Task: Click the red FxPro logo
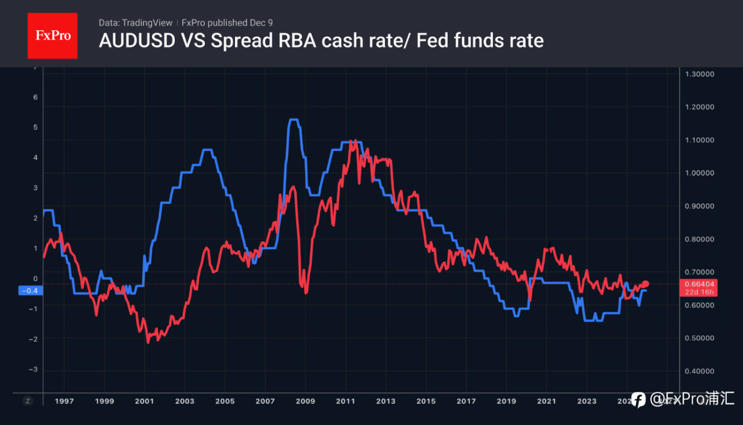(52, 35)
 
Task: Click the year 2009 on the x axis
(305, 401)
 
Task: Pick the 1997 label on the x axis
(64, 401)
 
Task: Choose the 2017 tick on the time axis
(466, 401)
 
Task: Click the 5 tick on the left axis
(35, 127)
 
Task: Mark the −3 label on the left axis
(34, 369)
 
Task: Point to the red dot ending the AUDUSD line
(646, 284)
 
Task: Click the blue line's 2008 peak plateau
(293, 120)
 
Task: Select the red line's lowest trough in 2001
(148, 342)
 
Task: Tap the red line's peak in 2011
(352, 142)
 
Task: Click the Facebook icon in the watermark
(638, 399)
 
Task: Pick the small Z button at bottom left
(27, 401)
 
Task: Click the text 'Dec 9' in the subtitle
(263, 23)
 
